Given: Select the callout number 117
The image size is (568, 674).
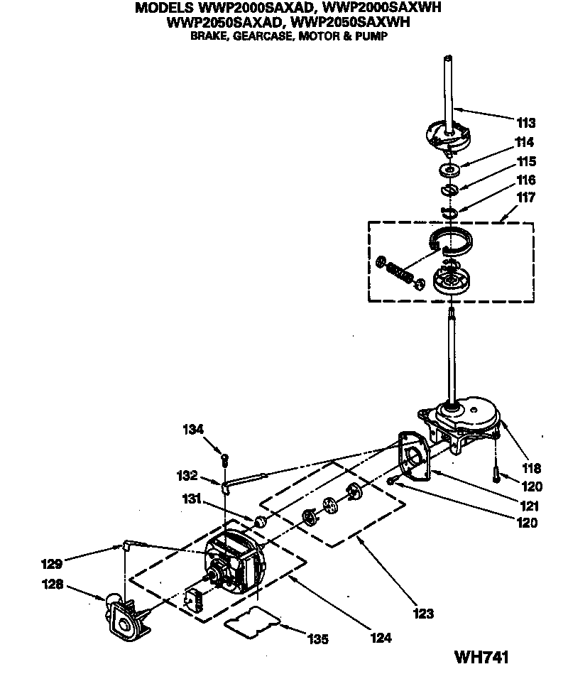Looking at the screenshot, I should tap(526, 197).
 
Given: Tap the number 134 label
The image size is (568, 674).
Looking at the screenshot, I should tap(194, 429).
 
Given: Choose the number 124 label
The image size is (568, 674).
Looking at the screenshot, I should tap(381, 638).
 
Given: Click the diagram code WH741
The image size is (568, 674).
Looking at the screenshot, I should tap(482, 658).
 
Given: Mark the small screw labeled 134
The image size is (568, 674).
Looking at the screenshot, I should tap(225, 458).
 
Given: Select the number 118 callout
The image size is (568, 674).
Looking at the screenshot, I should tap(532, 468).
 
